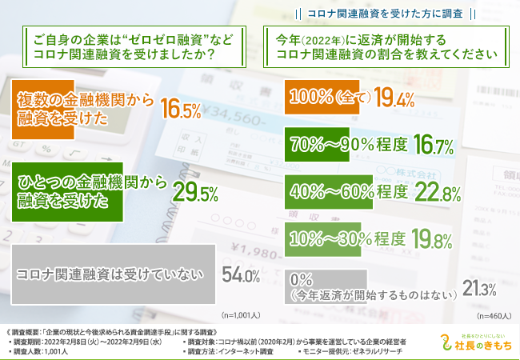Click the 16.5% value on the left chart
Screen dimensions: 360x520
(x=180, y=110)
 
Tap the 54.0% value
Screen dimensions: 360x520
(x=240, y=276)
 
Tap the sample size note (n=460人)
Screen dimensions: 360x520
(x=489, y=314)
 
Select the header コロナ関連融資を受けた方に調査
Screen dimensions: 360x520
(x=383, y=14)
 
